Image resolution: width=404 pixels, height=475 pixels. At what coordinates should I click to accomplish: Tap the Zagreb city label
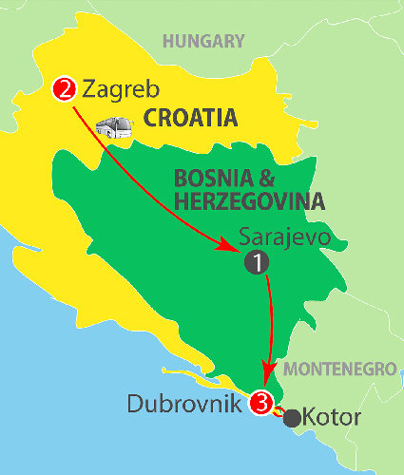point(118,90)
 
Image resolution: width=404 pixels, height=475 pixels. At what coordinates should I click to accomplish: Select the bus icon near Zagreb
point(115,128)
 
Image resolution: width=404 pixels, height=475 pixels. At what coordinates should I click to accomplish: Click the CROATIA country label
point(189,120)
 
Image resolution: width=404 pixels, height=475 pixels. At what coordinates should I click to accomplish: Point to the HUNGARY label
point(203,41)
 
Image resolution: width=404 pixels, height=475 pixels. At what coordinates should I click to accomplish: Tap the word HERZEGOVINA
point(250,201)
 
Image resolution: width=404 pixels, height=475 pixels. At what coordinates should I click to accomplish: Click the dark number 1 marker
point(256,262)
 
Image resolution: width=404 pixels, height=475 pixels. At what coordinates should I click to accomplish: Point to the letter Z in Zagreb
point(90,90)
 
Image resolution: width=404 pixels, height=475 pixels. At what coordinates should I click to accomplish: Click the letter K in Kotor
point(313,416)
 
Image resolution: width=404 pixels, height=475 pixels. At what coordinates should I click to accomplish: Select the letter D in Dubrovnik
point(135,403)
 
